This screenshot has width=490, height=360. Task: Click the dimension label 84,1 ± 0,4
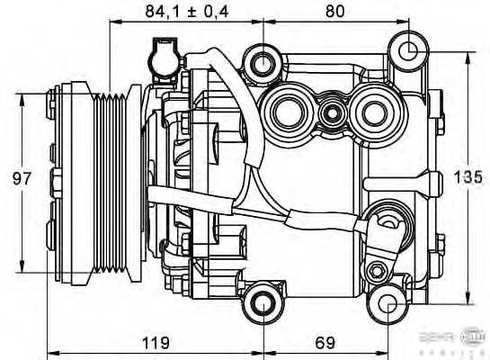[x=185, y=12]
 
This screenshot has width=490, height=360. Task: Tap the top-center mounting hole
[x=263, y=63]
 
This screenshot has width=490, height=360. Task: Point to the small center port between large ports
[x=332, y=114]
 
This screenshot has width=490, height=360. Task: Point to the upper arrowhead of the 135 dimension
[x=468, y=57]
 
